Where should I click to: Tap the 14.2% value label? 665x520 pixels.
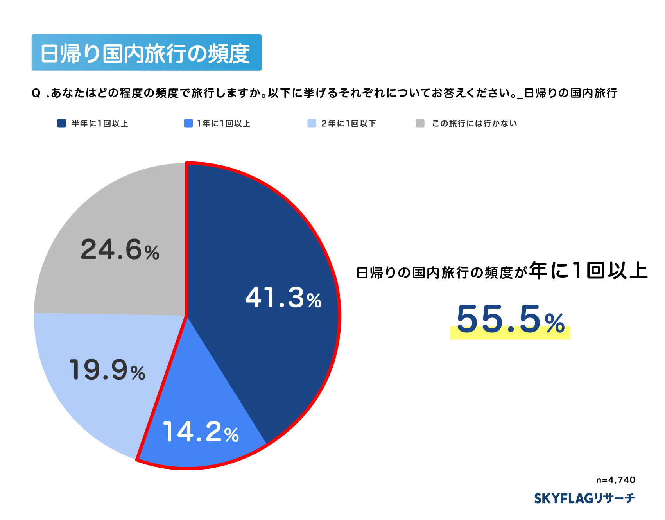click(201, 432)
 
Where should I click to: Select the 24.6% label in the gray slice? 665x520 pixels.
click(120, 250)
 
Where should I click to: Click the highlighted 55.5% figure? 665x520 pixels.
click(510, 320)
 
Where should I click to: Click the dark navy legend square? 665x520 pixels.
click(61, 124)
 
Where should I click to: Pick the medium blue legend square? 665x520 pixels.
click(188, 124)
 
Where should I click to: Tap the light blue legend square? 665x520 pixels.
click(312, 124)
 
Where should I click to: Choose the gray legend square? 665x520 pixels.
click(420, 124)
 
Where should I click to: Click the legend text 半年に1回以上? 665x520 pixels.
click(100, 124)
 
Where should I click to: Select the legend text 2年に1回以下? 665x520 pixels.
click(348, 124)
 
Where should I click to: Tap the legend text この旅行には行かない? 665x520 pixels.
click(474, 124)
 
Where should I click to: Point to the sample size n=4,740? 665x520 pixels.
click(615, 480)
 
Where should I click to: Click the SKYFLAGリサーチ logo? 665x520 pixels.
click(584, 498)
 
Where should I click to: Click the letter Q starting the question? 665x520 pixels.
click(36, 93)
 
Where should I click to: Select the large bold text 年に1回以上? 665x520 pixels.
click(588, 271)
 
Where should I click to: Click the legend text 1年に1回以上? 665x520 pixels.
click(224, 124)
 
